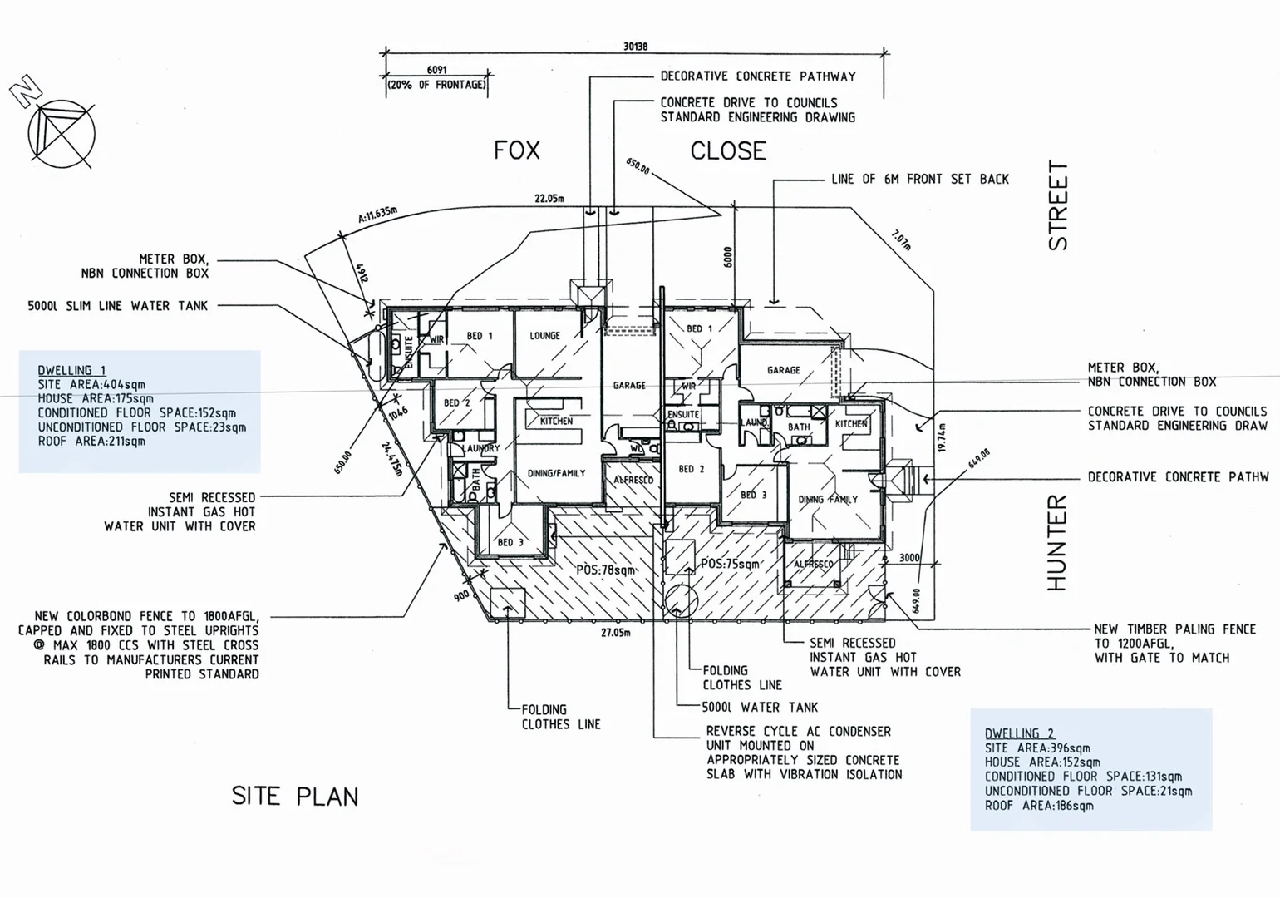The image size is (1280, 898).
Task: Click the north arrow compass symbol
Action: pyautogui.click(x=61, y=133)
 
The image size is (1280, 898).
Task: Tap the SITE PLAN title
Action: pyautogui.click(x=295, y=797)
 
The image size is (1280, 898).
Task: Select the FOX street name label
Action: pyautogui.click(x=516, y=150)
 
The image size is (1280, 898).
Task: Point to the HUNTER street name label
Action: pyautogui.click(x=1056, y=543)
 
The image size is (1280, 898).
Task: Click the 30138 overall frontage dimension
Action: pyautogui.click(x=635, y=47)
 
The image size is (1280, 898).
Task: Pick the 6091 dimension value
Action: pyautogui.click(x=436, y=70)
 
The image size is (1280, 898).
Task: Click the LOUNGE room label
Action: pyautogui.click(x=544, y=336)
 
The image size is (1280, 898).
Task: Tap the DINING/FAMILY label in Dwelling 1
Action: pyautogui.click(x=556, y=473)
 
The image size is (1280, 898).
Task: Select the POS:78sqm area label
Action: pyautogui.click(x=605, y=570)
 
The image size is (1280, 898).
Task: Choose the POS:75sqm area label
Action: pyautogui.click(x=730, y=564)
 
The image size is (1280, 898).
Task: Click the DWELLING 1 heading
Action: pyautogui.click(x=71, y=371)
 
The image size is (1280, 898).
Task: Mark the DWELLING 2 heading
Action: pyautogui.click(x=1019, y=733)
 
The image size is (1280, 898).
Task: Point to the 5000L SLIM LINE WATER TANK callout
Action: pyautogui.click(x=117, y=306)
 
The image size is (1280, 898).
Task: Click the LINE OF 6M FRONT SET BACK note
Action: pyautogui.click(x=919, y=179)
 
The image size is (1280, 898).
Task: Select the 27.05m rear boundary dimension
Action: pyautogui.click(x=615, y=633)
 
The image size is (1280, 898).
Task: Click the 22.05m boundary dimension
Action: pyautogui.click(x=549, y=199)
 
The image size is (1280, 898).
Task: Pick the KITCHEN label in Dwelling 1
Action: pyautogui.click(x=556, y=421)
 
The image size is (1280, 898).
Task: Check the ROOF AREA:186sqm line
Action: pyautogui.click(x=1039, y=805)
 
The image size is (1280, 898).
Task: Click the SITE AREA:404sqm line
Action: pyautogui.click(x=91, y=385)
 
